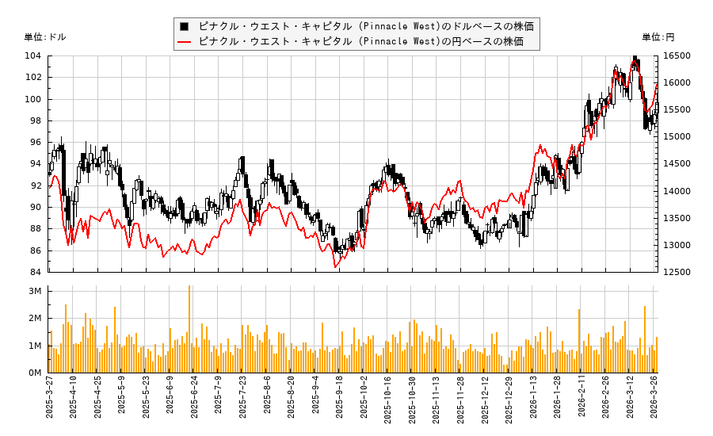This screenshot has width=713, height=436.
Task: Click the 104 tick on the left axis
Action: click(35, 55)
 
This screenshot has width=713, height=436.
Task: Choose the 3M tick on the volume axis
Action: click(35, 291)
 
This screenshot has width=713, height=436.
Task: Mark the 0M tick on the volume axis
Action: click(35, 373)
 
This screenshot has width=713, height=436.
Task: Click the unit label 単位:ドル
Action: click(45, 37)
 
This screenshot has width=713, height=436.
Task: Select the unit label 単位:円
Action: click(658, 37)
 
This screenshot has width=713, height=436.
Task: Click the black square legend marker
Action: click(185, 26)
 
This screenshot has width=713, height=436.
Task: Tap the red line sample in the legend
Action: click(185, 41)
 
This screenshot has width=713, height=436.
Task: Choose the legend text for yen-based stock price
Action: click(360, 41)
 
